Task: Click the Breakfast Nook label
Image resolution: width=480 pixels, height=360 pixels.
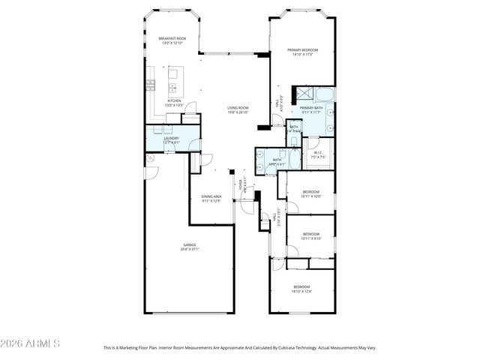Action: coord(172,39)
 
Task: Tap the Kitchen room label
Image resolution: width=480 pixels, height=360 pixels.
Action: coord(174,100)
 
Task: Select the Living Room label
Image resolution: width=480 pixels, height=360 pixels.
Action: coord(238,108)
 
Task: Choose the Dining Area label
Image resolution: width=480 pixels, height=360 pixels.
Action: coord(211,196)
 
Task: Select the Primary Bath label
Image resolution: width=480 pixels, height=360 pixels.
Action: coord(312,108)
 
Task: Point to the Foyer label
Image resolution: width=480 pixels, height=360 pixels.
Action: coord(240,182)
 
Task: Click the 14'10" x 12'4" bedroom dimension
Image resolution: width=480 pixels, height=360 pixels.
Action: coord(301,291)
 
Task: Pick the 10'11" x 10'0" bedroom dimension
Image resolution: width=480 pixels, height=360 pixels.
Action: coord(311,196)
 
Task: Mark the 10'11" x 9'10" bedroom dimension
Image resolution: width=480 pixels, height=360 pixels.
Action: coord(311,238)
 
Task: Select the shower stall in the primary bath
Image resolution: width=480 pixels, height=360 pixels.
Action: coord(305,94)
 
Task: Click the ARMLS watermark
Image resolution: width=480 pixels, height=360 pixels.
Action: coord(30,343)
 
